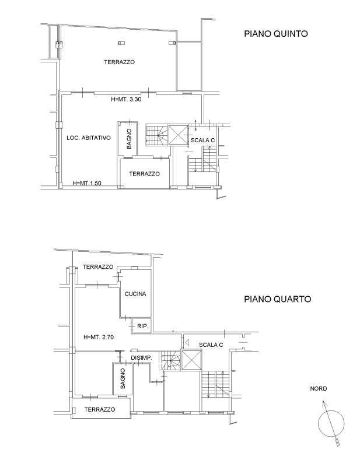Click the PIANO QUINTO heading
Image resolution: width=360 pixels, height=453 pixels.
click(276, 34)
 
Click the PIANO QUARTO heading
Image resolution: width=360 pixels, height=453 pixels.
click(278, 299)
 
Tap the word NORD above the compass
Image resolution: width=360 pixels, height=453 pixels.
click(319, 388)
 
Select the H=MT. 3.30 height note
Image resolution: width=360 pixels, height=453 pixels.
click(126, 99)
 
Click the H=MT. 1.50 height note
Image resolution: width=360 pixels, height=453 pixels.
click(87, 183)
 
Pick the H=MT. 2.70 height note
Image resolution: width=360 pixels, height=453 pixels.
click(99, 337)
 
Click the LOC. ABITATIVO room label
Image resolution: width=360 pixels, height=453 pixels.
click(89, 138)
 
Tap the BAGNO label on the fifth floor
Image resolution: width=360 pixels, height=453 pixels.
click(129, 139)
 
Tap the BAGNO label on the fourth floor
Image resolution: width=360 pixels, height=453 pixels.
click(123, 378)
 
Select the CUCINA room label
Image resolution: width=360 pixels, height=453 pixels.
click(135, 294)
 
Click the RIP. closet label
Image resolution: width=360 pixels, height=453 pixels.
click(143, 326)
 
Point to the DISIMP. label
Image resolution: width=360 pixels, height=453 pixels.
click(141, 358)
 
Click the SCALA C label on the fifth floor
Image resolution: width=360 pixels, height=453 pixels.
click(202, 141)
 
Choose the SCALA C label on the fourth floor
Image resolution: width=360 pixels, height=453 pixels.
click(211, 345)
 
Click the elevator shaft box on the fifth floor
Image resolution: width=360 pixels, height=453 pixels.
click(179, 135)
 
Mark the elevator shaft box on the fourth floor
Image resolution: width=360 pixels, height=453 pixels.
click(191, 360)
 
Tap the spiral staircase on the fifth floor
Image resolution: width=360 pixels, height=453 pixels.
click(156, 135)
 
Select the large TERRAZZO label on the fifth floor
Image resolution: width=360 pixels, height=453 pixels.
click(120, 62)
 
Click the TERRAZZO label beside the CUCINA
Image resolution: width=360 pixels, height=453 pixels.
click(98, 267)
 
